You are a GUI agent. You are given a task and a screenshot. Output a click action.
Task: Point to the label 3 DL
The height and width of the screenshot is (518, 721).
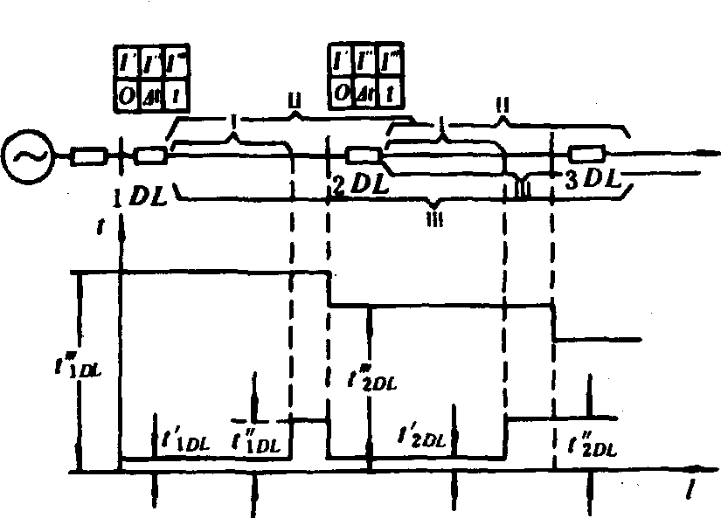point(592,183)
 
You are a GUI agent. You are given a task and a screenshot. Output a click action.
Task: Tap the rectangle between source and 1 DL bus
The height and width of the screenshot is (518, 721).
point(88,157)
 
